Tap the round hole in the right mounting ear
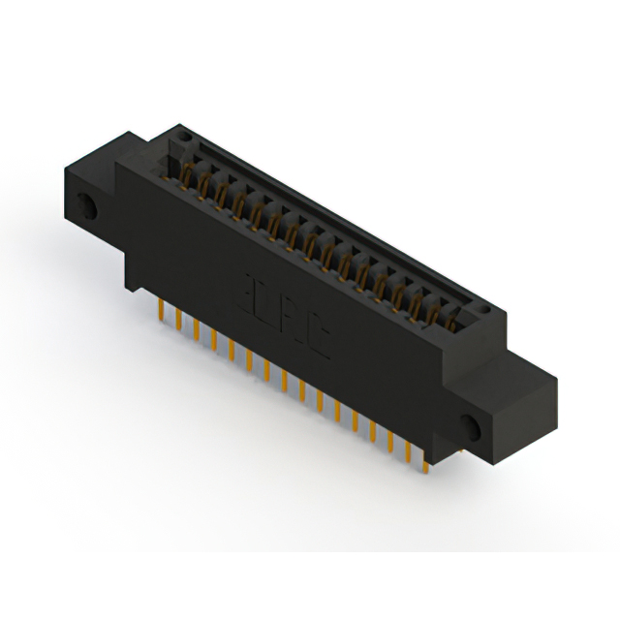click(472, 427)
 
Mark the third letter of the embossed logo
click(293, 324)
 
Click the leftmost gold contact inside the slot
click(185, 174)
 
